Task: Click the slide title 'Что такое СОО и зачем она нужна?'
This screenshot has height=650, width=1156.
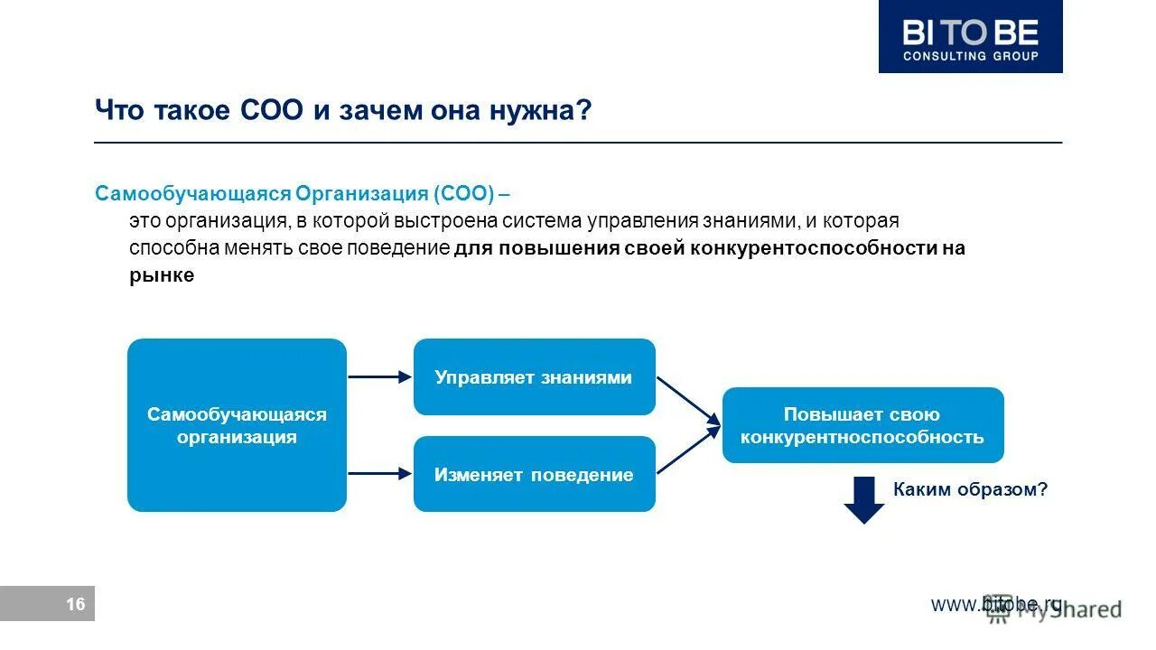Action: click(x=343, y=110)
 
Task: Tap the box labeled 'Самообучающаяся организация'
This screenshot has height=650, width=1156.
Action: click(x=237, y=425)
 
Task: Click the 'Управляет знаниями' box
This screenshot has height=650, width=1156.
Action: click(x=534, y=377)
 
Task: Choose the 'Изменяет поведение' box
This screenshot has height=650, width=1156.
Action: click(x=534, y=474)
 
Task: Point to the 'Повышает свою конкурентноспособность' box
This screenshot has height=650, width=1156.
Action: click(x=862, y=425)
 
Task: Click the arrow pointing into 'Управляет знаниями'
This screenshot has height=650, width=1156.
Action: click(x=379, y=377)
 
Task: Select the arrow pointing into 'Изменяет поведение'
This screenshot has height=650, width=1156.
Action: click(x=379, y=472)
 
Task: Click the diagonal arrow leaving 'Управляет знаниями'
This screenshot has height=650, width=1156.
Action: click(x=687, y=399)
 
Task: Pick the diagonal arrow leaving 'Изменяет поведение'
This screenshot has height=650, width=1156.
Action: click(x=687, y=451)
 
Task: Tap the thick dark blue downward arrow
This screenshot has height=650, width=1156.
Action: click(x=864, y=500)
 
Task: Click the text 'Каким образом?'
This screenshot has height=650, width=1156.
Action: click(x=970, y=489)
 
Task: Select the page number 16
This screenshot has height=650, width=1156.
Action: click(x=76, y=604)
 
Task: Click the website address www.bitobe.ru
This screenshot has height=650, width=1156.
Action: click(x=996, y=604)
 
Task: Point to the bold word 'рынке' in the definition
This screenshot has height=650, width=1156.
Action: click(x=161, y=276)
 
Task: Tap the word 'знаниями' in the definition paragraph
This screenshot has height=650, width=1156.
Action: click(x=755, y=221)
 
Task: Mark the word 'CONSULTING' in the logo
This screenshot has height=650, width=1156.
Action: click(x=941, y=56)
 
